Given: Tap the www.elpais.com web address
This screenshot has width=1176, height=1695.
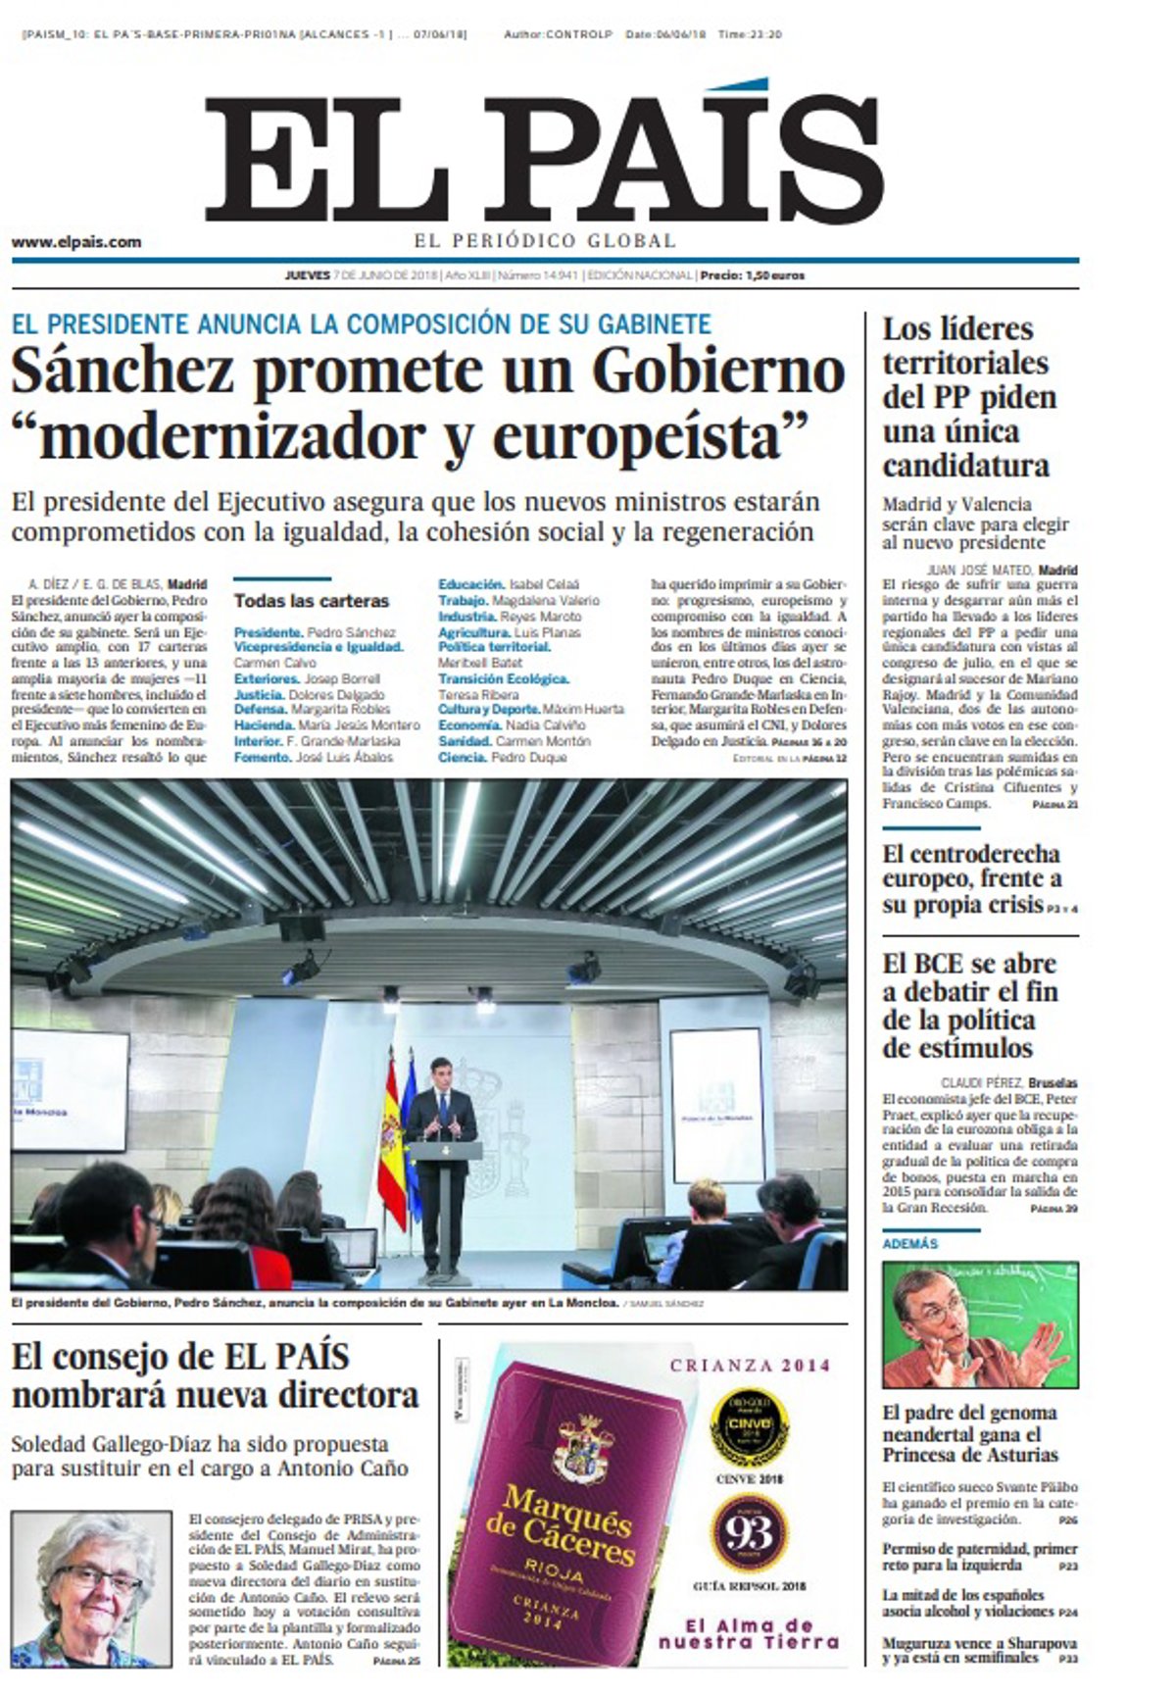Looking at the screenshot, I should tap(76, 242).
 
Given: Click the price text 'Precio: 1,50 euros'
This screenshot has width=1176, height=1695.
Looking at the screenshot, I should tap(752, 275).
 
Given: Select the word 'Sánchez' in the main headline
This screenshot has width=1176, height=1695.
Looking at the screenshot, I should tap(123, 372).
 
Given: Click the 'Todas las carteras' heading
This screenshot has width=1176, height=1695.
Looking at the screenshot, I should tap(311, 601).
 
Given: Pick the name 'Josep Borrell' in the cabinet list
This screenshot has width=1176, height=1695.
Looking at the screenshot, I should tap(343, 678).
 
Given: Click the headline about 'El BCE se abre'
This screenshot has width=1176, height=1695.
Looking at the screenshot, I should tap(969, 1005).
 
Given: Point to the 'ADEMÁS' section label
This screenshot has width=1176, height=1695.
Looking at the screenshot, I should tap(909, 1243).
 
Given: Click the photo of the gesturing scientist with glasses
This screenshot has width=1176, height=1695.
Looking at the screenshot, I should tap(979, 1323).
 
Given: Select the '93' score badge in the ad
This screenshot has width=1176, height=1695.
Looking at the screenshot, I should tap(749, 1533).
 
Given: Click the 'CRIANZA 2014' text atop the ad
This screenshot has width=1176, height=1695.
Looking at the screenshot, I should tap(750, 1365).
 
